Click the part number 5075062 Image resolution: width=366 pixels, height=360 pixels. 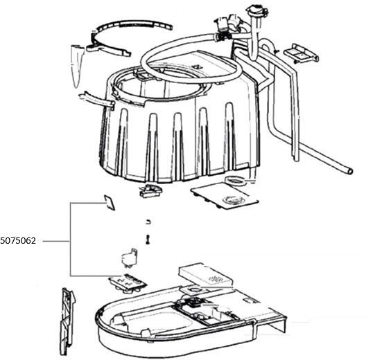(x=18, y=241)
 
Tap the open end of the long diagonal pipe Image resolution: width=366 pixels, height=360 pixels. (x=349, y=172)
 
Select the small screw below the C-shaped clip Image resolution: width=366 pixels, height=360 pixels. (x=148, y=240)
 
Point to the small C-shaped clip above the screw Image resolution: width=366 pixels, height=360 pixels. (x=148, y=222)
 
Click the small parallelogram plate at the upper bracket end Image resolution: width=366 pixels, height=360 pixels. (x=110, y=202)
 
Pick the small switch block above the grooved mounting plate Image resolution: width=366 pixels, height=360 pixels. (x=130, y=257)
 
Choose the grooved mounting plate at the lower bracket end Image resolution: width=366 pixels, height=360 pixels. (x=128, y=283)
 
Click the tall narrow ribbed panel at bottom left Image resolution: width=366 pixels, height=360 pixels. (x=67, y=322)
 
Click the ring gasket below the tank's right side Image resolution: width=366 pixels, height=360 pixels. (x=235, y=180)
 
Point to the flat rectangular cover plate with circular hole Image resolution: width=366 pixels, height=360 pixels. (x=225, y=196)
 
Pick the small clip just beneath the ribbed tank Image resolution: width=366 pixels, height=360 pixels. (x=150, y=190)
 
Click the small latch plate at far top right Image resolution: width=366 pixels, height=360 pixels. (x=301, y=53)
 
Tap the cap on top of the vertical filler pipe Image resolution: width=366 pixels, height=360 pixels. (x=256, y=10)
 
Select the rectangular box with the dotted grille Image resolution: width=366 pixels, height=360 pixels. (x=206, y=275)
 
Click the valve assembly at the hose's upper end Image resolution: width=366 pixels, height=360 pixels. (x=225, y=25)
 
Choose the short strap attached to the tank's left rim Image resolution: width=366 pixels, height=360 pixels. (x=96, y=100)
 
